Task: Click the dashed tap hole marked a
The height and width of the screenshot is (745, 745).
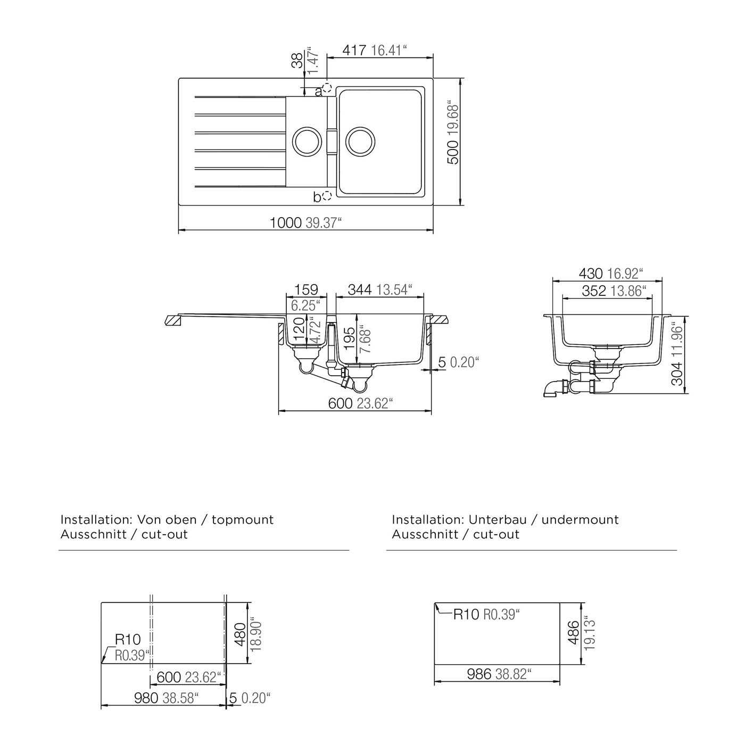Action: coord(327,88)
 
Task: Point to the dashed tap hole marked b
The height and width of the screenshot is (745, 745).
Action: coord(327,196)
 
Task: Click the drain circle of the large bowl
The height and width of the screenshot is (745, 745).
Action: coord(360,141)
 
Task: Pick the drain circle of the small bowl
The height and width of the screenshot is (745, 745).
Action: coord(307,141)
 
